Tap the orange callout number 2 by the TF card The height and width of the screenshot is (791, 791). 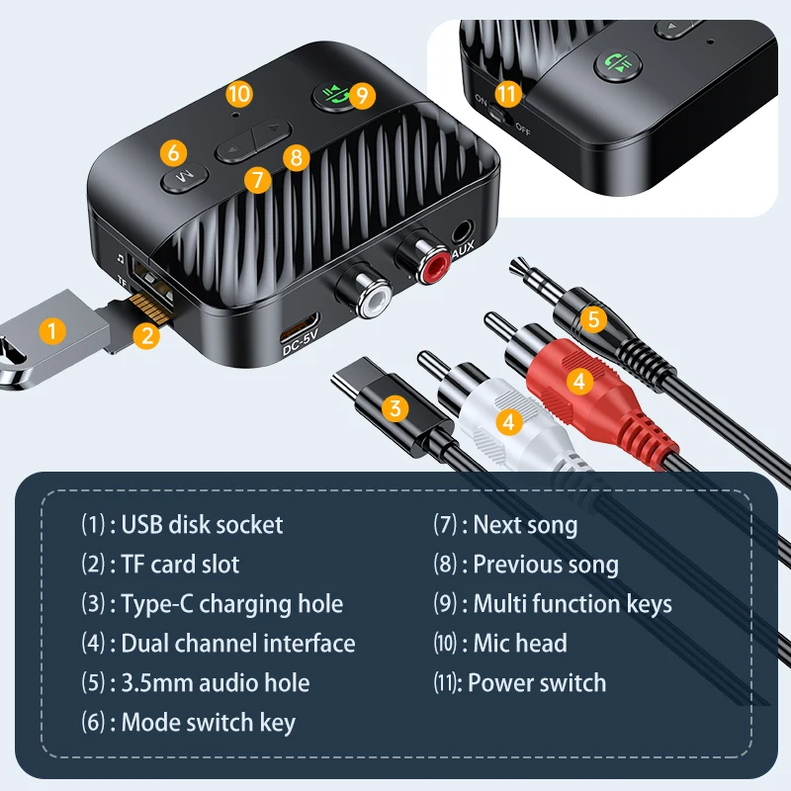tap(147, 335)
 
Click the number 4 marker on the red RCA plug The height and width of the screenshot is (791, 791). tap(578, 378)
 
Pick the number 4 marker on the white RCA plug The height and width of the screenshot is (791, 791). tap(509, 422)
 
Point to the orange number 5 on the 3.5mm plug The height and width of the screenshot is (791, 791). tap(592, 318)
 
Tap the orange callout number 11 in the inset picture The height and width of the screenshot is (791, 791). tap(507, 95)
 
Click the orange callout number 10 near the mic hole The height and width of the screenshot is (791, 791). tap(239, 94)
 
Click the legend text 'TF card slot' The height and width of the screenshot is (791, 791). tap(180, 565)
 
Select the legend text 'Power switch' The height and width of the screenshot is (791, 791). tap(537, 682)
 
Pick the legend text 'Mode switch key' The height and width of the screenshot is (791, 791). tap(208, 723)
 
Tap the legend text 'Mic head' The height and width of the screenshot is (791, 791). tap(520, 643)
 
